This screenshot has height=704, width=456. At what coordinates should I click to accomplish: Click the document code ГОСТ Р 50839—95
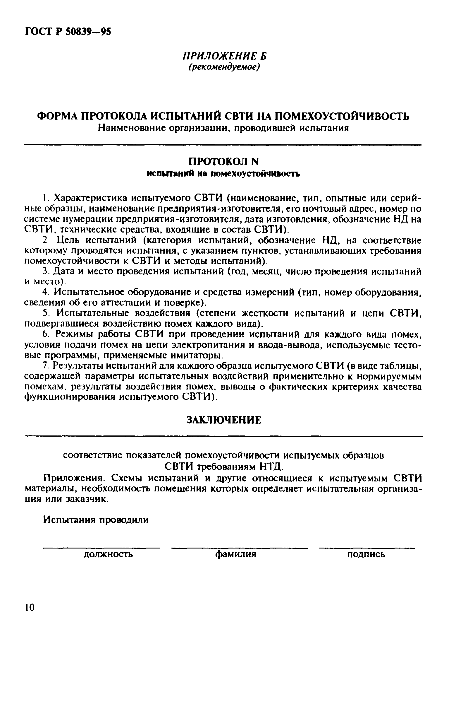point(68,31)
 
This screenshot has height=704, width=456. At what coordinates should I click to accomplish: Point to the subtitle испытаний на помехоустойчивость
point(223,174)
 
